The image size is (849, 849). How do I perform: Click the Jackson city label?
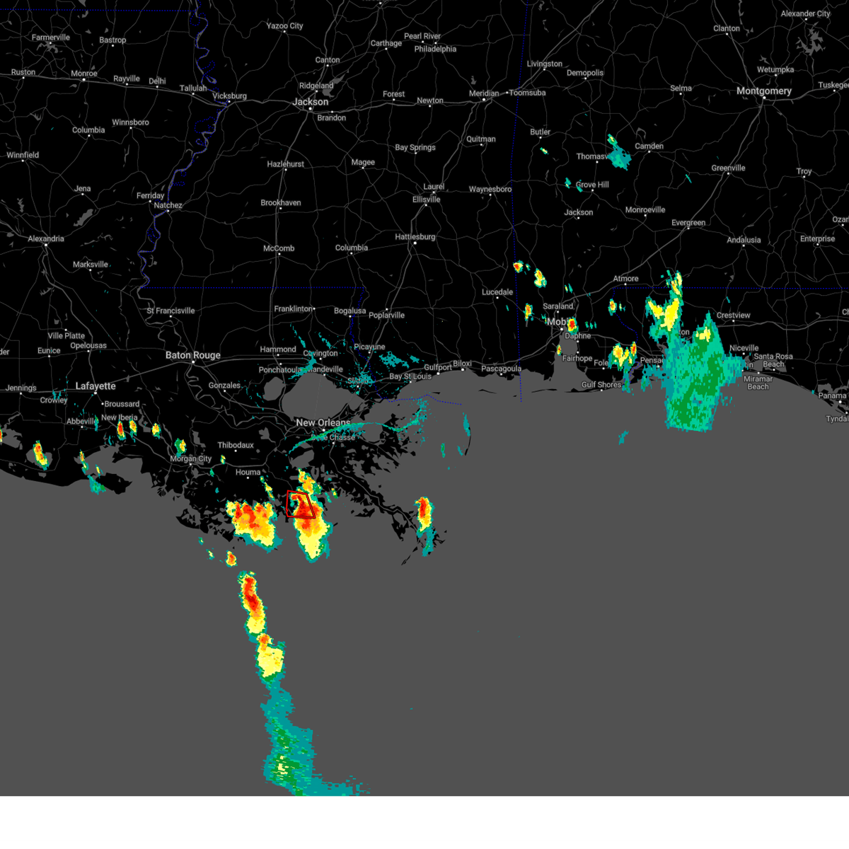pos(311,102)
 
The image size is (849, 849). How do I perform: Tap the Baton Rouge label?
pos(193,355)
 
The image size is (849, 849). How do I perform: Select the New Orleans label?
pos(323,422)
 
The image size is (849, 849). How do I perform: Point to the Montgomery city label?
pos(764,91)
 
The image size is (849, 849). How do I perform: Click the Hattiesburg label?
pos(415,237)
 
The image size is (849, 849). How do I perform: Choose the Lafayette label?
pos(96,386)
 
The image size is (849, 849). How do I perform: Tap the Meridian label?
pos(484,93)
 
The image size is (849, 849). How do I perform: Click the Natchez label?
pos(168,205)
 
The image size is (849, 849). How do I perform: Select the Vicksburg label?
pos(229,96)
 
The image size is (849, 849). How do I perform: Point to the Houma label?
pos(248,472)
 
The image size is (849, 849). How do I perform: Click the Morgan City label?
pos(191,459)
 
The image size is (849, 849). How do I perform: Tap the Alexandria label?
pos(46,238)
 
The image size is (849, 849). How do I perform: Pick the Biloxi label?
pos(462,364)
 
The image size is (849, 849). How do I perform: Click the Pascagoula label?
pos(501,369)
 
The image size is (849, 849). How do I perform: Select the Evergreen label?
pos(688,223)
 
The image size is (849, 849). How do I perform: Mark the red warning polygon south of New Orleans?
pos(301,504)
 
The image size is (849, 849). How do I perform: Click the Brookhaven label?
pos(281,203)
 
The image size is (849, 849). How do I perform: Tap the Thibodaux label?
pos(236,445)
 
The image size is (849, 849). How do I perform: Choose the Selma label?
pos(681,88)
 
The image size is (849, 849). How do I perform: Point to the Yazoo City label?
pos(284,26)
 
